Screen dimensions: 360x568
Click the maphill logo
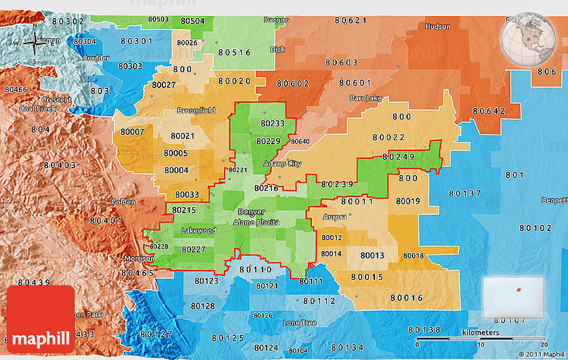(x=41, y=319)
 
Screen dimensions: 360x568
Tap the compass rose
(x=33, y=44)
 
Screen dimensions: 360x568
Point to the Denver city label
(x=247, y=212)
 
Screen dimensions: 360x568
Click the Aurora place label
(x=335, y=217)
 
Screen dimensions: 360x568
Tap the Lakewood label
(x=198, y=230)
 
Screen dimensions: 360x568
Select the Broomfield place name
(x=196, y=110)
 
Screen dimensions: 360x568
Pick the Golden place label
(x=123, y=202)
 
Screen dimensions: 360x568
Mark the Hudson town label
(x=438, y=27)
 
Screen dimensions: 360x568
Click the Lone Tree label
(x=299, y=323)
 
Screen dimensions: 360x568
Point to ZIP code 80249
(x=399, y=157)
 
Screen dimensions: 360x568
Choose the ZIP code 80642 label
(x=489, y=111)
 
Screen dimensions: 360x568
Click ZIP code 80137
(x=464, y=193)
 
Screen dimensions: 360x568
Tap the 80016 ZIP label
(x=407, y=298)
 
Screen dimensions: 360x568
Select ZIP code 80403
(x=60, y=165)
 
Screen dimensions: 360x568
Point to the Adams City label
(x=282, y=164)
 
